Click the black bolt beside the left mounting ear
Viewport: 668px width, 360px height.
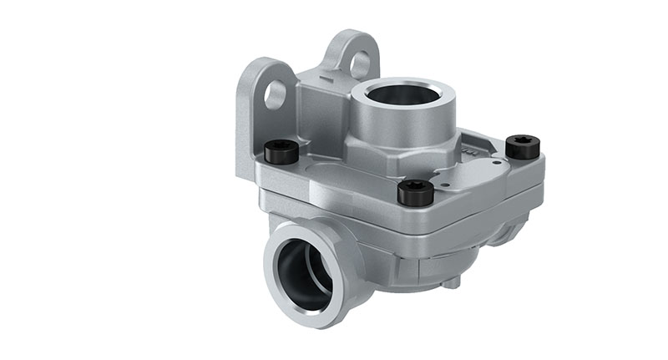click(281, 152)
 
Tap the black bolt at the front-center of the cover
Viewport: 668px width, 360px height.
click(415, 193)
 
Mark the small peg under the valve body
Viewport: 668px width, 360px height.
click(452, 283)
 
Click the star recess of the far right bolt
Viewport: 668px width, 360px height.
click(524, 141)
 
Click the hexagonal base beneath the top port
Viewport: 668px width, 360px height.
click(401, 150)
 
